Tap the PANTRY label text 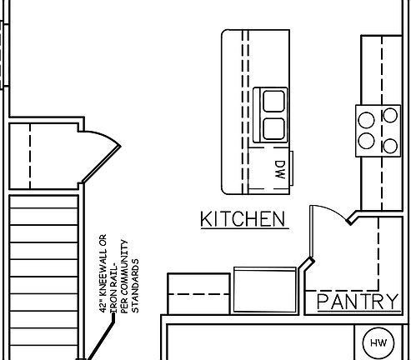[x=358, y=301]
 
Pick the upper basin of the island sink [x=273, y=102]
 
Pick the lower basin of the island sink [x=273, y=127]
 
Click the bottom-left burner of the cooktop [x=366, y=142]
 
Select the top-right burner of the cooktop [x=388, y=116]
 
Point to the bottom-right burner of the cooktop [x=388, y=146]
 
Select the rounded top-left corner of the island [x=226, y=36]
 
